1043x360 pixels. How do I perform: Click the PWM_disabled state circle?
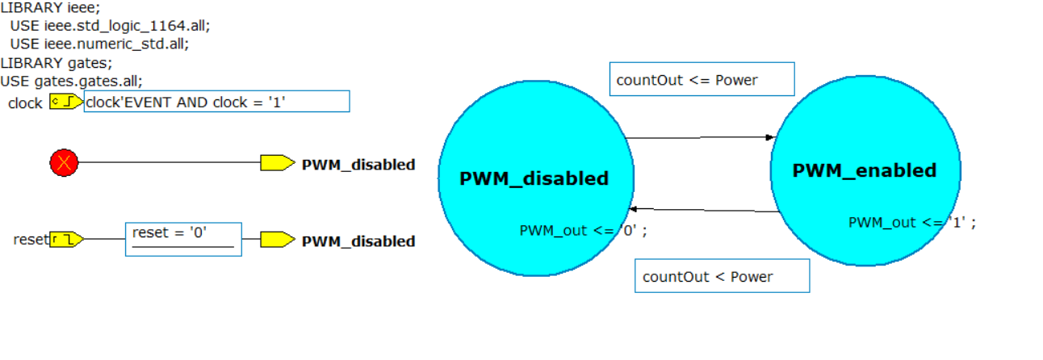534,145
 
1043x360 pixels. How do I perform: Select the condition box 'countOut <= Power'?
702,79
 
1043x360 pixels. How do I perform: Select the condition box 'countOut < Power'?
722,276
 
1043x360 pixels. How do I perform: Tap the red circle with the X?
64,163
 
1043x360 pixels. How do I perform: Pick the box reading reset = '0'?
183,239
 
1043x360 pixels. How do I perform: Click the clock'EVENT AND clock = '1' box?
216,102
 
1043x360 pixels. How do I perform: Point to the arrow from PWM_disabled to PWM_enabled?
699,137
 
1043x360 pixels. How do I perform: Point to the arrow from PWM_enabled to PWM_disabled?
704,210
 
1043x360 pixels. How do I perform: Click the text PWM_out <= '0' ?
583,231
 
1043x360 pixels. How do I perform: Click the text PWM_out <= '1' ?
912,223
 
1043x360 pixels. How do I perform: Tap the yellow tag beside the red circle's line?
277,163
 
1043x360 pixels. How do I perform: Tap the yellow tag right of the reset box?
277,240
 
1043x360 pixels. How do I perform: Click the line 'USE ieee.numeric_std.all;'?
99,44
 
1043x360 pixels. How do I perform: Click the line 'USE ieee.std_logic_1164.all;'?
110,26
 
